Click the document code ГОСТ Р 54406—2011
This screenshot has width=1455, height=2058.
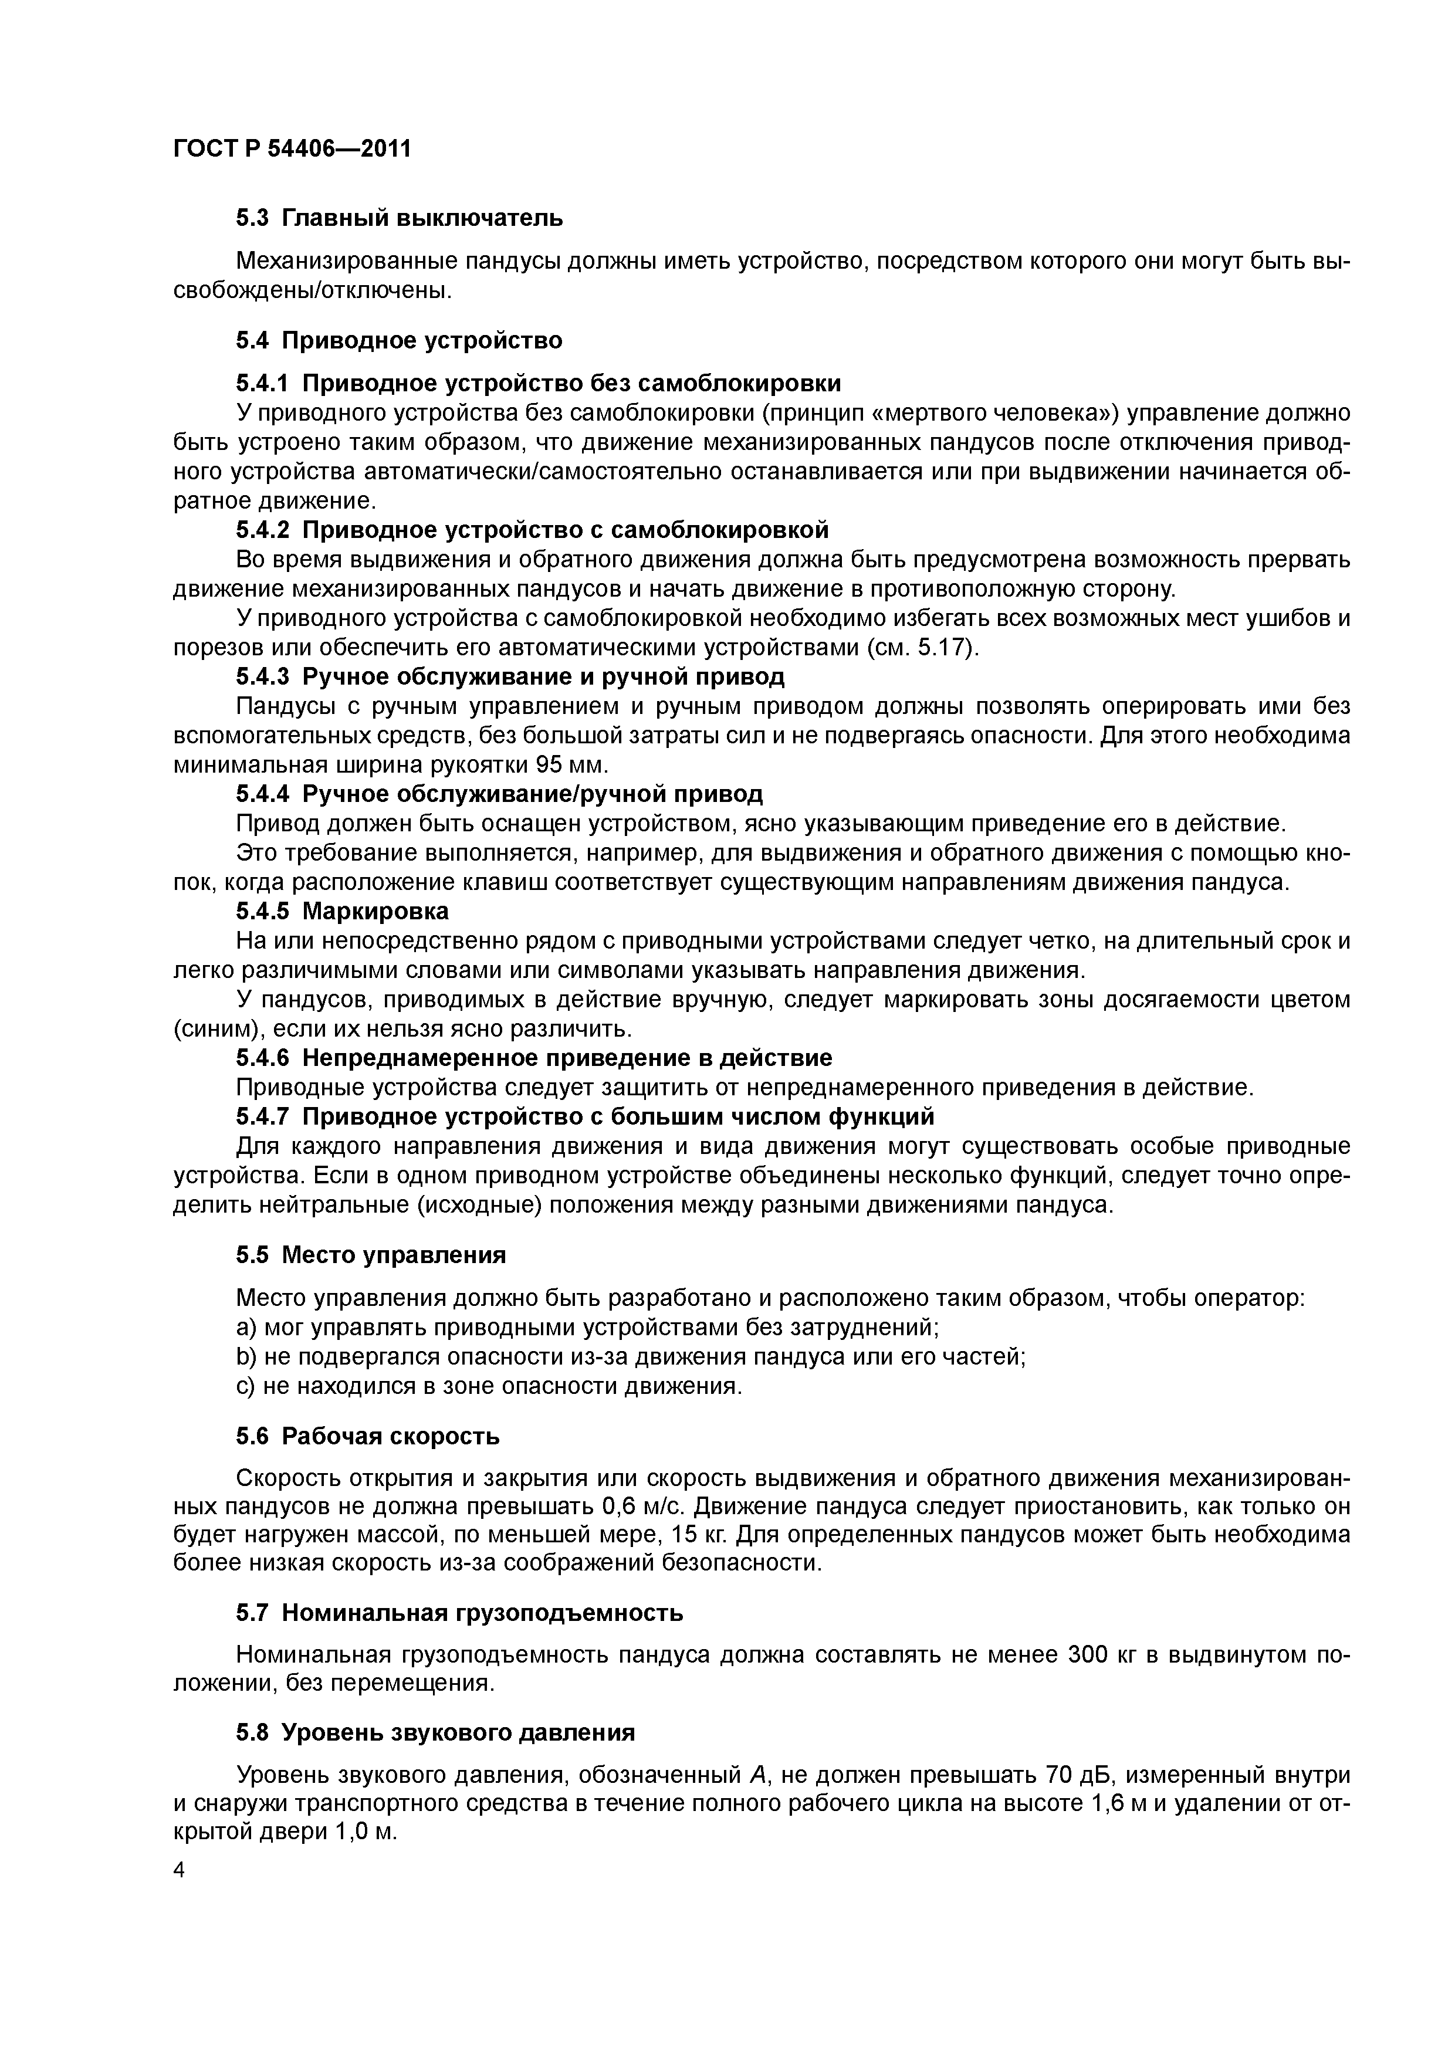[292, 149]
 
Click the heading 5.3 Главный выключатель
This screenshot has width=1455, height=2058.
[399, 218]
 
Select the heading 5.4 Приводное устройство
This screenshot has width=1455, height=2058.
[399, 341]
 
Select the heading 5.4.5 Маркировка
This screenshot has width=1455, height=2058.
[343, 912]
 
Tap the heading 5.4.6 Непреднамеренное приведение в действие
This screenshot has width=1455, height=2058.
[533, 1058]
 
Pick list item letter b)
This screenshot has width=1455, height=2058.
[246, 1357]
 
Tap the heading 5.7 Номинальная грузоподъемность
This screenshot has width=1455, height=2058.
[459, 1613]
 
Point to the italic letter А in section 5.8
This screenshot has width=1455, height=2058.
[755, 1775]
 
